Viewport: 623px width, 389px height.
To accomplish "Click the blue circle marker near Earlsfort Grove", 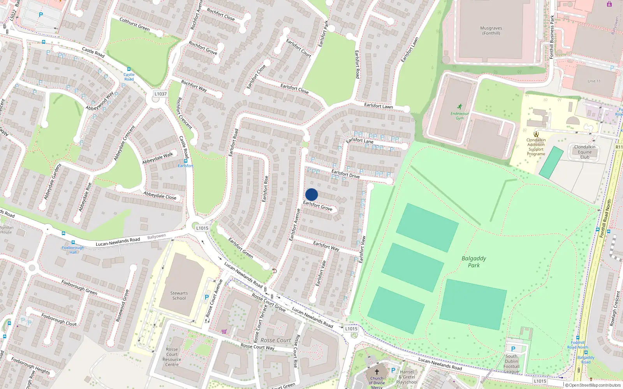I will (311, 194).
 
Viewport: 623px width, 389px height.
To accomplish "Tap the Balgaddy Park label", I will (473, 262).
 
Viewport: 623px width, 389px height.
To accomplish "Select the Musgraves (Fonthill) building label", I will (491, 31).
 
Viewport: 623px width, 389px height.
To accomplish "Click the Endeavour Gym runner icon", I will (460, 107).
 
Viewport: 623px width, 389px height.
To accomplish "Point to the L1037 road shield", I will (160, 94).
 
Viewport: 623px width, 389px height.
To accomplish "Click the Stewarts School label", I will (179, 296).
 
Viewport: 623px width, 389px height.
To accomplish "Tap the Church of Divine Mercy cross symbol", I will (377, 372).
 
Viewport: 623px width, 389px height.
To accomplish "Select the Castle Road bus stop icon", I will (129, 69).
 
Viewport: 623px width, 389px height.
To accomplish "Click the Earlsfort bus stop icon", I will (186, 161).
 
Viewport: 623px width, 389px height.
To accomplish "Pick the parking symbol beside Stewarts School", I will (207, 297).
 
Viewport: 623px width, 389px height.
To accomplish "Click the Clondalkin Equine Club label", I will (584, 152).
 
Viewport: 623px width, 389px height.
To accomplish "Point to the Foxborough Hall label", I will (73, 250).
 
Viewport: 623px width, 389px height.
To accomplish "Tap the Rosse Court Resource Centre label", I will (172, 357).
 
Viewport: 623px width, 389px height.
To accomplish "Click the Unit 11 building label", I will (594, 81).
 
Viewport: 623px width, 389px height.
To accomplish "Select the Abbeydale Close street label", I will (160, 195).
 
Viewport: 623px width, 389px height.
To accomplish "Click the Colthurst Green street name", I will (134, 24).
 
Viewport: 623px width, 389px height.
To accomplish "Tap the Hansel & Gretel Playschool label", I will (407, 377).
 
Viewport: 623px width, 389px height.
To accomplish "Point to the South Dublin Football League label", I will (511, 364).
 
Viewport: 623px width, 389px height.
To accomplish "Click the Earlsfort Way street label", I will (326, 246).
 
